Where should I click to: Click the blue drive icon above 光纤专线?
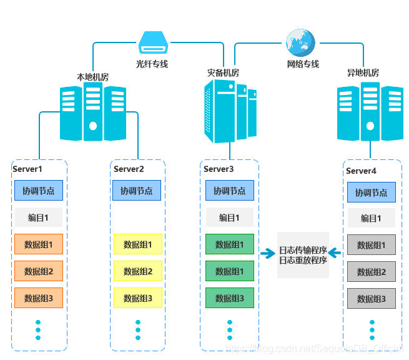point(154,42)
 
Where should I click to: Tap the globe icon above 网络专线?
point(300,42)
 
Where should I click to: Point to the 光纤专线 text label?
point(152,64)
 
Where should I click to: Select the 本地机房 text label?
point(92,77)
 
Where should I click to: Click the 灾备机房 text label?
point(224,73)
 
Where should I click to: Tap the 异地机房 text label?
point(363,73)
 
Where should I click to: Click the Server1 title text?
point(27,169)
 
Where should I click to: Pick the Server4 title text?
point(362,171)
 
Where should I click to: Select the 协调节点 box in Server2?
point(137,190)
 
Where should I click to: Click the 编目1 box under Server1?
point(39,217)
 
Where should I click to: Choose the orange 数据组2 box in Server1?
point(39,271)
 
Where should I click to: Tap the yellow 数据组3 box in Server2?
point(138,298)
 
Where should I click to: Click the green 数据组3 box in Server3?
point(230,298)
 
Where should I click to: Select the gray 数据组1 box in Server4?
point(372,245)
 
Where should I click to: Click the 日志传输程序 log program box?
point(303,255)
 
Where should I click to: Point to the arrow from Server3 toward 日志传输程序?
point(268,253)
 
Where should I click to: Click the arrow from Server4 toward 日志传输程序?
point(335,252)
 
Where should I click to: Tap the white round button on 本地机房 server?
point(93,126)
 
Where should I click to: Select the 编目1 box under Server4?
point(372,218)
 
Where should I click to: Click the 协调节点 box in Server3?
point(230,190)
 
